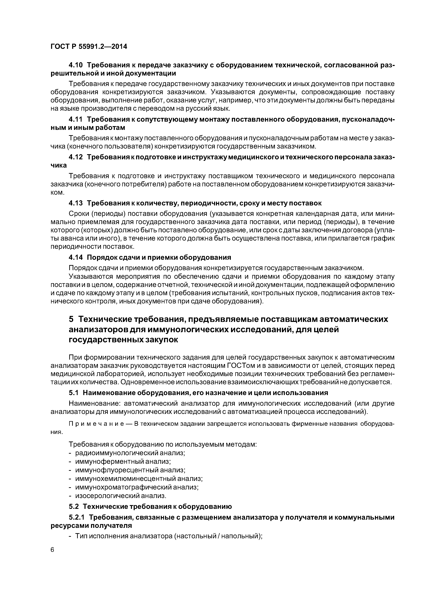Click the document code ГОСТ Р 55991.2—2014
click(89, 47)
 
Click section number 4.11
click(75, 119)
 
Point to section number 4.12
click(75, 157)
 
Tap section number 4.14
click(75, 257)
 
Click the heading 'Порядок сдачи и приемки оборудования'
click(159, 257)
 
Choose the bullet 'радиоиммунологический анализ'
click(130, 453)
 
